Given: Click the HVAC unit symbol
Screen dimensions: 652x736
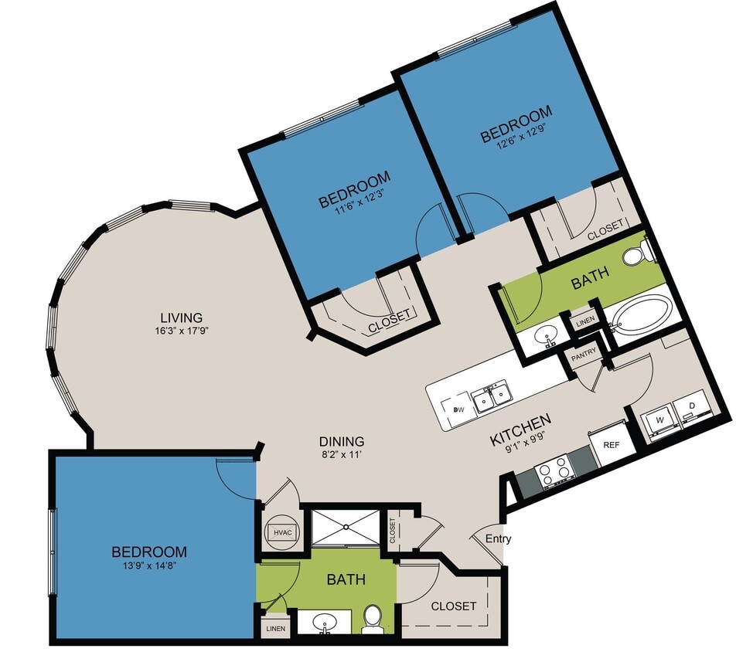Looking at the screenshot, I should pyautogui.click(x=279, y=532).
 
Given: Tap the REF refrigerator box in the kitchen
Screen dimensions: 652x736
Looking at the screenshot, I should pyautogui.click(x=612, y=445).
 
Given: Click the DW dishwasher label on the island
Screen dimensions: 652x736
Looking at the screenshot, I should pyautogui.click(x=458, y=409).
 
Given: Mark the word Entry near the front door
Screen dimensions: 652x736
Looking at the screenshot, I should pyautogui.click(x=498, y=539).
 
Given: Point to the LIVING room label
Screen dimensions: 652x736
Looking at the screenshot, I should pyautogui.click(x=181, y=318).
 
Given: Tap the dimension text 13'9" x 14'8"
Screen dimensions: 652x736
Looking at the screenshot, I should pyautogui.click(x=149, y=566).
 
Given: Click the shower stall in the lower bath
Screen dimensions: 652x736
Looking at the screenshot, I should pyautogui.click(x=346, y=527).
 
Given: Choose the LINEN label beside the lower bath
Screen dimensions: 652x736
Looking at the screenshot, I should pyautogui.click(x=274, y=628).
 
